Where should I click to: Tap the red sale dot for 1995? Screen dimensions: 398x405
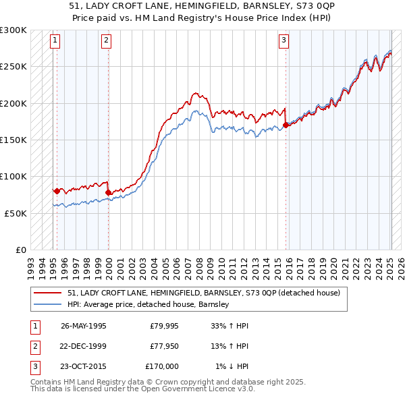pos(57,191)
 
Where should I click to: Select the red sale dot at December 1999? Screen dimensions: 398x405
pos(109,192)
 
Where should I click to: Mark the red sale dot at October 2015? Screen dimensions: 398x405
pos(286,125)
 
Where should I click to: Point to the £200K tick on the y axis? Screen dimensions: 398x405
pos(13,104)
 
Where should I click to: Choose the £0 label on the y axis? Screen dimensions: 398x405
pos(20,250)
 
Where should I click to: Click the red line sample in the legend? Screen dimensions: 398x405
pos(48,293)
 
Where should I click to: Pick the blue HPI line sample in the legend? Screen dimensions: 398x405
pos(48,305)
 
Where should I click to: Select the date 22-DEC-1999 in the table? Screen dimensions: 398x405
pos(83,346)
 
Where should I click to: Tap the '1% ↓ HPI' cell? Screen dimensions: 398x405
pos(232,366)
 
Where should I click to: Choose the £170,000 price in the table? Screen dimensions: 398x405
pos(162,366)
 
